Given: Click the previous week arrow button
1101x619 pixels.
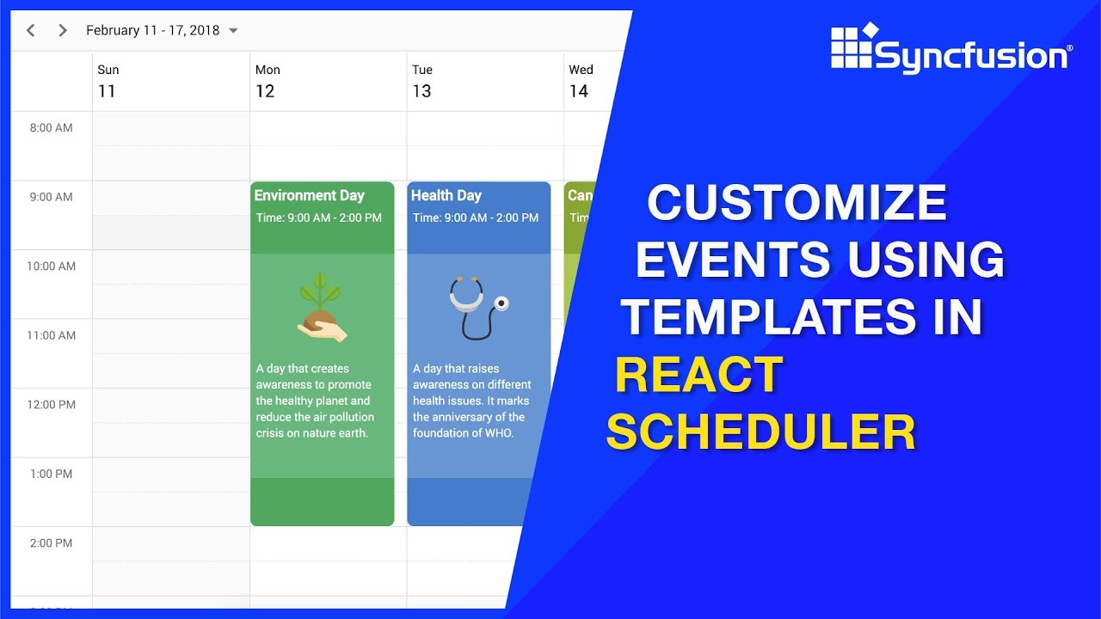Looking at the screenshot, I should click(31, 31).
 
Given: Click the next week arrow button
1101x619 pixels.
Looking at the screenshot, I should click(62, 31).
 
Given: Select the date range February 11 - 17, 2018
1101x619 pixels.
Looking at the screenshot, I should click(152, 31).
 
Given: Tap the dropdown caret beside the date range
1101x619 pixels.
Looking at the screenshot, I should click(233, 31).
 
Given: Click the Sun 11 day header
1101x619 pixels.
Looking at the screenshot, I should click(108, 81).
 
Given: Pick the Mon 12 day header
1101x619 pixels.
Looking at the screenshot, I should click(267, 81).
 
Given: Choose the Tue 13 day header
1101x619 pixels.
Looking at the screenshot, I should click(422, 81).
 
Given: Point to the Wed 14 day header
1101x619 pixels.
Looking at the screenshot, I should click(581, 81).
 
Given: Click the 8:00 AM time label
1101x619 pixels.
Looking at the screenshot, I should click(52, 128).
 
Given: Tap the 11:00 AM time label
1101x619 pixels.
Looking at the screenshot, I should click(52, 335).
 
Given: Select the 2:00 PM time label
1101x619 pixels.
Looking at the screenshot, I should click(52, 542).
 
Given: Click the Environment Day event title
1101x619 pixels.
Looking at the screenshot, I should click(310, 195).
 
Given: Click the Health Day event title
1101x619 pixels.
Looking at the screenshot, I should click(446, 195).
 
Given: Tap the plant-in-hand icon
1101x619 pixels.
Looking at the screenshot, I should click(322, 308).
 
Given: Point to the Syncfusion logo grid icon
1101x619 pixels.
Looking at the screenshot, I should click(852, 46).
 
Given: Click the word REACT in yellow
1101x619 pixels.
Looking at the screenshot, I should click(698, 376).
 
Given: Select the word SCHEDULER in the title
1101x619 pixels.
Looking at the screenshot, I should click(761, 432).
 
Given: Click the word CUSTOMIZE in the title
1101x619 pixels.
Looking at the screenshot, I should click(797, 204).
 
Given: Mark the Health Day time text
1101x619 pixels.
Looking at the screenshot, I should click(476, 218).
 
